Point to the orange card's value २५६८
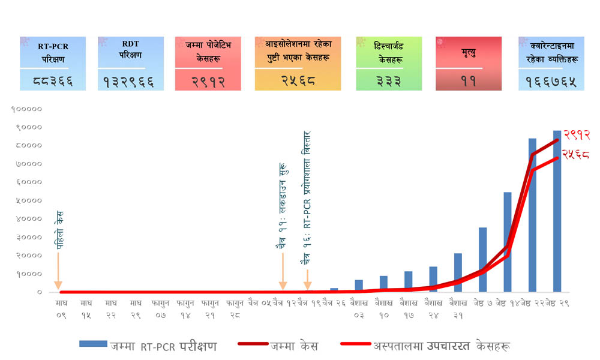[x=298, y=80]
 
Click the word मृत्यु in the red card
[x=469, y=55]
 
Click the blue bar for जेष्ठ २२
[x=532, y=216]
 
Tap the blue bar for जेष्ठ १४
[x=507, y=243]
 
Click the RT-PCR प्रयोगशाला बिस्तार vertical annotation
[x=307, y=198]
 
